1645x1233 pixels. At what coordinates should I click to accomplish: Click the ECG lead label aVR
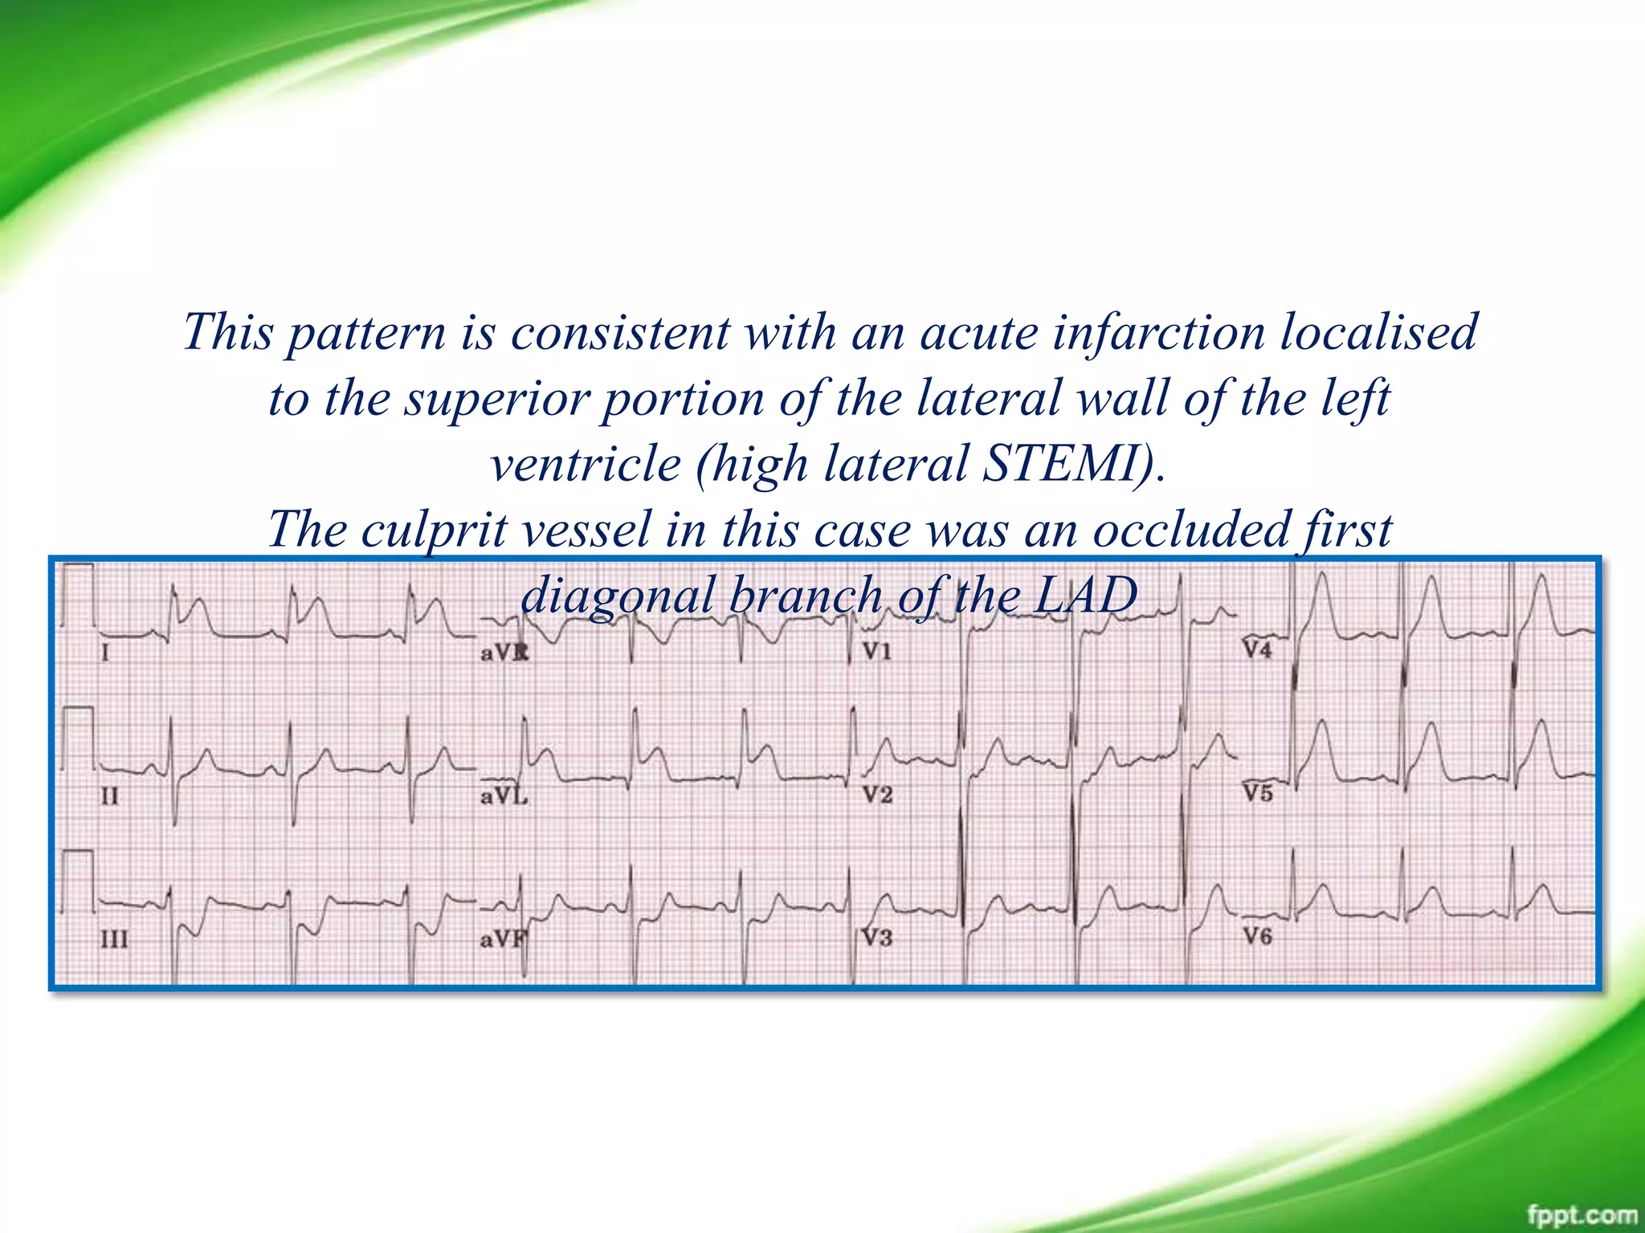[x=504, y=653]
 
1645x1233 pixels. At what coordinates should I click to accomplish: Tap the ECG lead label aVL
[x=504, y=796]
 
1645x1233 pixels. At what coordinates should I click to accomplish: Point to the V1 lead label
[x=877, y=651]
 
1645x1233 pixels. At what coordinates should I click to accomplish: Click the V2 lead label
[x=877, y=795]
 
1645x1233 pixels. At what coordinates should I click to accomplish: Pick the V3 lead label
[x=877, y=938]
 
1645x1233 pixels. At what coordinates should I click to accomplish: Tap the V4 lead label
[x=1258, y=649]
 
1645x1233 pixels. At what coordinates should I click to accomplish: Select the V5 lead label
[x=1258, y=793]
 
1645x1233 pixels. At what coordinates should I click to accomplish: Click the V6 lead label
[x=1258, y=936]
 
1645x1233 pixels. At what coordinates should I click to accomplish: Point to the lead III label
[x=114, y=939]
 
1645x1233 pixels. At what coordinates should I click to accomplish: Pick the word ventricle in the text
[x=586, y=464]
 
